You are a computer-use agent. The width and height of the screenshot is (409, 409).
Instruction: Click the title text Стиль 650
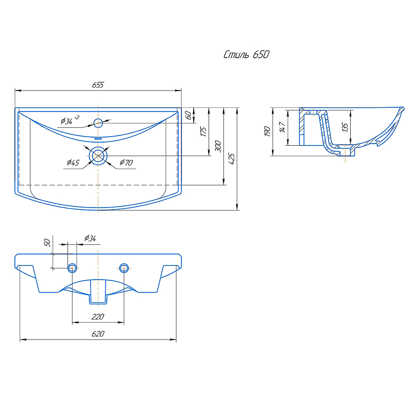point(246,55)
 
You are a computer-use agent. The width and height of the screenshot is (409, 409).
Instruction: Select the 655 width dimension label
point(98,85)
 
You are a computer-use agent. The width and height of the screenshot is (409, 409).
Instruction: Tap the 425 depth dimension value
point(232,159)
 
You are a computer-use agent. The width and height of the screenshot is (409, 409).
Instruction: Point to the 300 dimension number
point(218,146)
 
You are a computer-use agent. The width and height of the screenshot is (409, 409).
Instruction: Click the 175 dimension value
point(203,131)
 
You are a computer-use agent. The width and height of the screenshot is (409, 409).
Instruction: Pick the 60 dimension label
point(188,115)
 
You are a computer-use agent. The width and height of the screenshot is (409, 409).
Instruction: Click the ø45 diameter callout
point(73,163)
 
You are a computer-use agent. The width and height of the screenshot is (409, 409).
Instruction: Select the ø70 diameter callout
point(126,163)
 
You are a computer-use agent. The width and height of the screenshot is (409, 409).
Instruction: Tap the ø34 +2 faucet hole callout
point(70,120)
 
